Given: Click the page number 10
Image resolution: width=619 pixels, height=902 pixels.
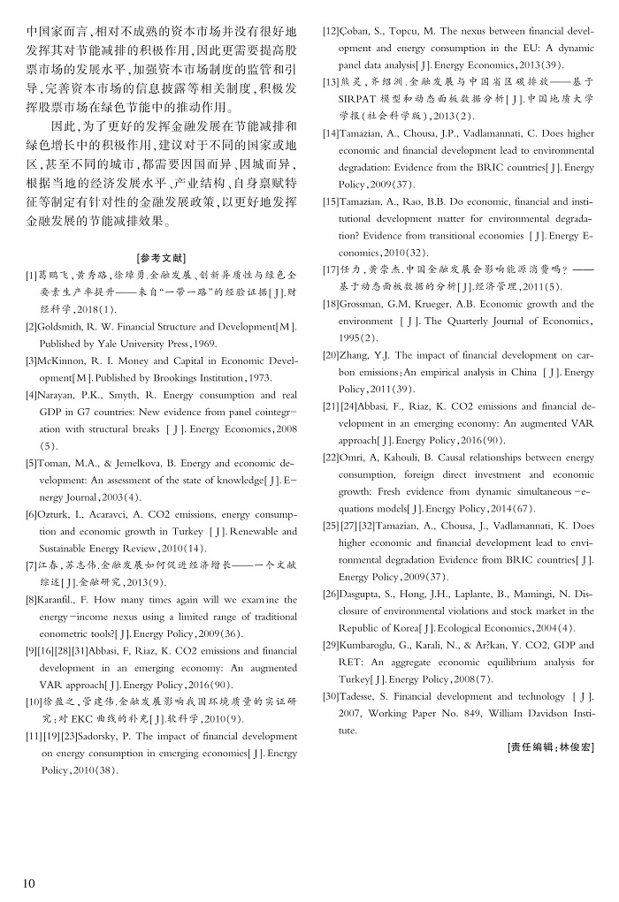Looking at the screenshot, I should click(28, 883).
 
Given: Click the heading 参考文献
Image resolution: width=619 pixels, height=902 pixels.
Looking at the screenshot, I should click(162, 258).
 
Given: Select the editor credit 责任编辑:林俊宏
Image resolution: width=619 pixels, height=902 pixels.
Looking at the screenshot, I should click(551, 747).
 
